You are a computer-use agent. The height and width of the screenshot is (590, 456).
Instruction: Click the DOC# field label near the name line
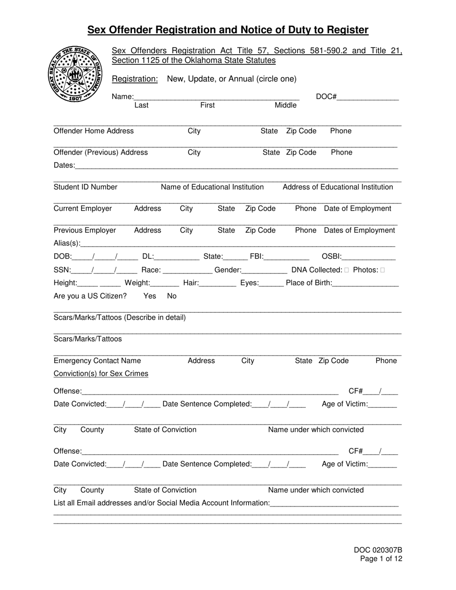pos(326,97)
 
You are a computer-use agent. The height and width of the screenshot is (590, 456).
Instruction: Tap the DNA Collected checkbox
pos(347,270)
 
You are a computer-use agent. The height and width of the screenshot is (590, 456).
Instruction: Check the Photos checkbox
pos(382,270)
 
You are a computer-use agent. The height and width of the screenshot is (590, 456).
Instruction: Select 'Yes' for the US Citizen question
pos(150,296)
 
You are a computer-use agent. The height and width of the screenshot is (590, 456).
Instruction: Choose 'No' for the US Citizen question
pos(171,296)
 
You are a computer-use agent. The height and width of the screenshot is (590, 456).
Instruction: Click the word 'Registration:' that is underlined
pos(134,79)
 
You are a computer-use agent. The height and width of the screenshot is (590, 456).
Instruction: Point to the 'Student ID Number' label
pos(85,187)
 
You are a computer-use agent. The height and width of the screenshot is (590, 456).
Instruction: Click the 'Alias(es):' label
pos(67,243)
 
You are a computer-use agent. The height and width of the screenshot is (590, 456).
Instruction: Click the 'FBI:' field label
pos(257,257)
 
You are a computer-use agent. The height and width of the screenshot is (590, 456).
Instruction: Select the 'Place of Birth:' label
pos(308,283)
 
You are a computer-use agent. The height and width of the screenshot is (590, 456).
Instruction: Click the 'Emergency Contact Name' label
pos(97,361)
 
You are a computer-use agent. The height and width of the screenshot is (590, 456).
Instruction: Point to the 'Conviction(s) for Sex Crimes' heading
pos(101,374)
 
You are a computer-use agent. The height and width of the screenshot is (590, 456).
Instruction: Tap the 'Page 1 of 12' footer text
pos(381,559)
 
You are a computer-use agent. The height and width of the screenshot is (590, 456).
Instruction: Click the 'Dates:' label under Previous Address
pos(64,165)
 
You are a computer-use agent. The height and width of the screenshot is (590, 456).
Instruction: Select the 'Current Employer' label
pos(83,209)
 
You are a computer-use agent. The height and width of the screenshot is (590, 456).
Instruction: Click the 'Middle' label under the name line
pos(286,106)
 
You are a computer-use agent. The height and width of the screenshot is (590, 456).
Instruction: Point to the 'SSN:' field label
pos(62,270)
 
